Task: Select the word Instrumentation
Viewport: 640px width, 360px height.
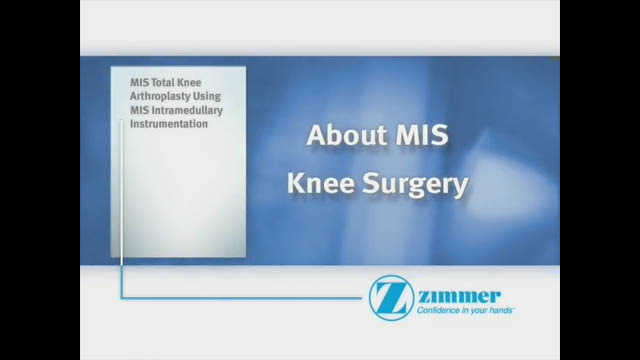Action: tap(169, 124)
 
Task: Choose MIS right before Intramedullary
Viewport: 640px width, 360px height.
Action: tap(139, 110)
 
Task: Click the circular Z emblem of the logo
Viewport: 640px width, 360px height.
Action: tap(389, 298)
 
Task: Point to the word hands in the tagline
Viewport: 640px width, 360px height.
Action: tap(501, 312)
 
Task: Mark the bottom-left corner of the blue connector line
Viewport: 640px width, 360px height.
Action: tap(122, 297)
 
